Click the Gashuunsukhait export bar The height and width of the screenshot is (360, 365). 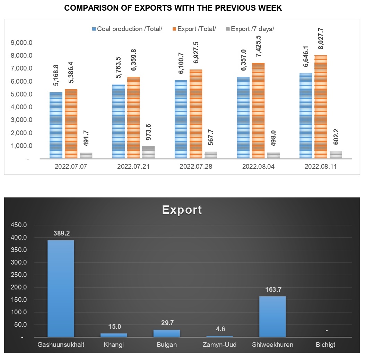tap(61, 288)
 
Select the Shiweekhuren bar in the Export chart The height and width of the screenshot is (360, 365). tap(272, 316)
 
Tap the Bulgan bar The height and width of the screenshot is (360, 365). tap(166, 333)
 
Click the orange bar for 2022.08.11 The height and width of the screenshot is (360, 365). tap(321, 107)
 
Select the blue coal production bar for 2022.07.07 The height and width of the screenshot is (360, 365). tap(56, 125)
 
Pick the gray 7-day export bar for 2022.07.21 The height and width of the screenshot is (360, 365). tap(148, 153)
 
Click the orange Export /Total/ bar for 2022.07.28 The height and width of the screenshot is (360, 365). tap(196, 114)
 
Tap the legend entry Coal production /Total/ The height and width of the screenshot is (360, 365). tap(127, 29)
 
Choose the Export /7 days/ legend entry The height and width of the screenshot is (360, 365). tap(250, 29)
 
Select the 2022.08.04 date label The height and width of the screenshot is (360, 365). tap(258, 166)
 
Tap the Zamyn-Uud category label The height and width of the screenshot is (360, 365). tap(219, 345)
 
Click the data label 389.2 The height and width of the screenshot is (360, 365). tap(61, 233)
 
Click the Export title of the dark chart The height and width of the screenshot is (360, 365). tap(182, 210)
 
